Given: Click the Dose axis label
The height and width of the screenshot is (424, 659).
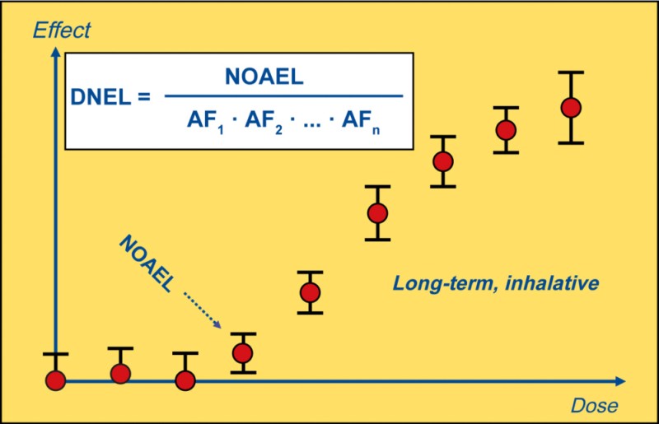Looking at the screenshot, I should click(594, 406).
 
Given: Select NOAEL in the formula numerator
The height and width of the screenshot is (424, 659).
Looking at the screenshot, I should click(264, 77).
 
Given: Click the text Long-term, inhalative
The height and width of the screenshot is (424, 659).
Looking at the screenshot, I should click(495, 283).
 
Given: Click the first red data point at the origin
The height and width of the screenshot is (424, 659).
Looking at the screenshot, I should click(55, 380).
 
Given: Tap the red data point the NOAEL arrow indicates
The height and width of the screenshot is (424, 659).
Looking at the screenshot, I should click(242, 353).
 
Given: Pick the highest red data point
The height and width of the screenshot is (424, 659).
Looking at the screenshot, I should click(570, 107).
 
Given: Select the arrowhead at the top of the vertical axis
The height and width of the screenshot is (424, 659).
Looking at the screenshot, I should click(55, 52).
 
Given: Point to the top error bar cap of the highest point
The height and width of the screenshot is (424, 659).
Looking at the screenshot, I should click(570, 72).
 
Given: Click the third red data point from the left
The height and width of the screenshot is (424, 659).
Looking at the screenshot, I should click(185, 380).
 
